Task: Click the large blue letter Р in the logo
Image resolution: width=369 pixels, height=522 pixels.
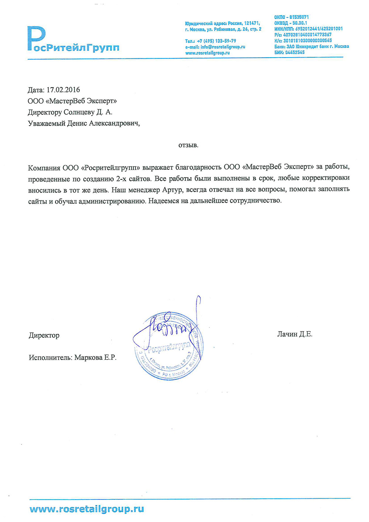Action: pos(36,38)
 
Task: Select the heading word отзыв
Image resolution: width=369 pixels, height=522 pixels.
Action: pos(188,145)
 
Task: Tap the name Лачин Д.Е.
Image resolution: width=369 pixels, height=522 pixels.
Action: pos(294,334)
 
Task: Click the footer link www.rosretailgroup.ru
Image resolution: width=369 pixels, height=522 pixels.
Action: pos(87,509)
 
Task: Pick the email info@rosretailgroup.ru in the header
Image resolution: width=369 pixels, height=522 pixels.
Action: pos(223,47)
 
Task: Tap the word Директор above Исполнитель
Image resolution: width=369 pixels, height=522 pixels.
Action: pos(44,336)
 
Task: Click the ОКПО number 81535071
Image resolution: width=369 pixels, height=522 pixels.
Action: pos(299,17)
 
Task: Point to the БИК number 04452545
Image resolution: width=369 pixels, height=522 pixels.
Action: pos(295,52)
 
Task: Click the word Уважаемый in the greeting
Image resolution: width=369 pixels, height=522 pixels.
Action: pos(46,123)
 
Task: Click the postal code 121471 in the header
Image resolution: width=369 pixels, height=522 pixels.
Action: pos(252,23)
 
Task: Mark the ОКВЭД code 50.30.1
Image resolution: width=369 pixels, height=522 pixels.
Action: pos(300,23)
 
